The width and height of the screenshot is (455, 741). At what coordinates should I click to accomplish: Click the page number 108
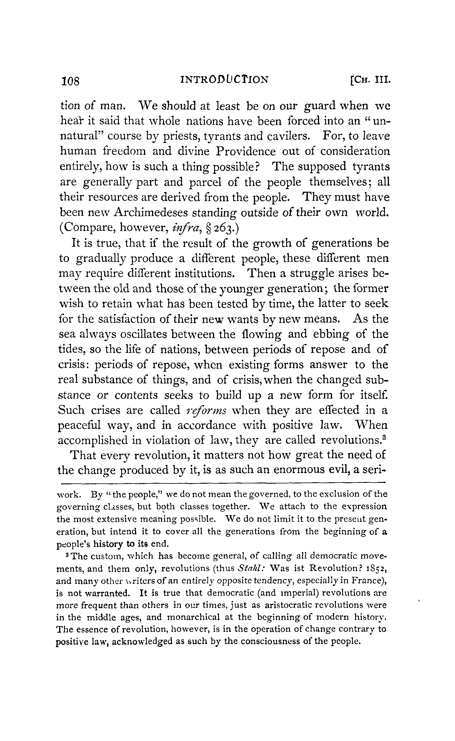coord(70,81)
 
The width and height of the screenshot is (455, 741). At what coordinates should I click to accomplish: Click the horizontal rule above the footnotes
coord(223,484)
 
